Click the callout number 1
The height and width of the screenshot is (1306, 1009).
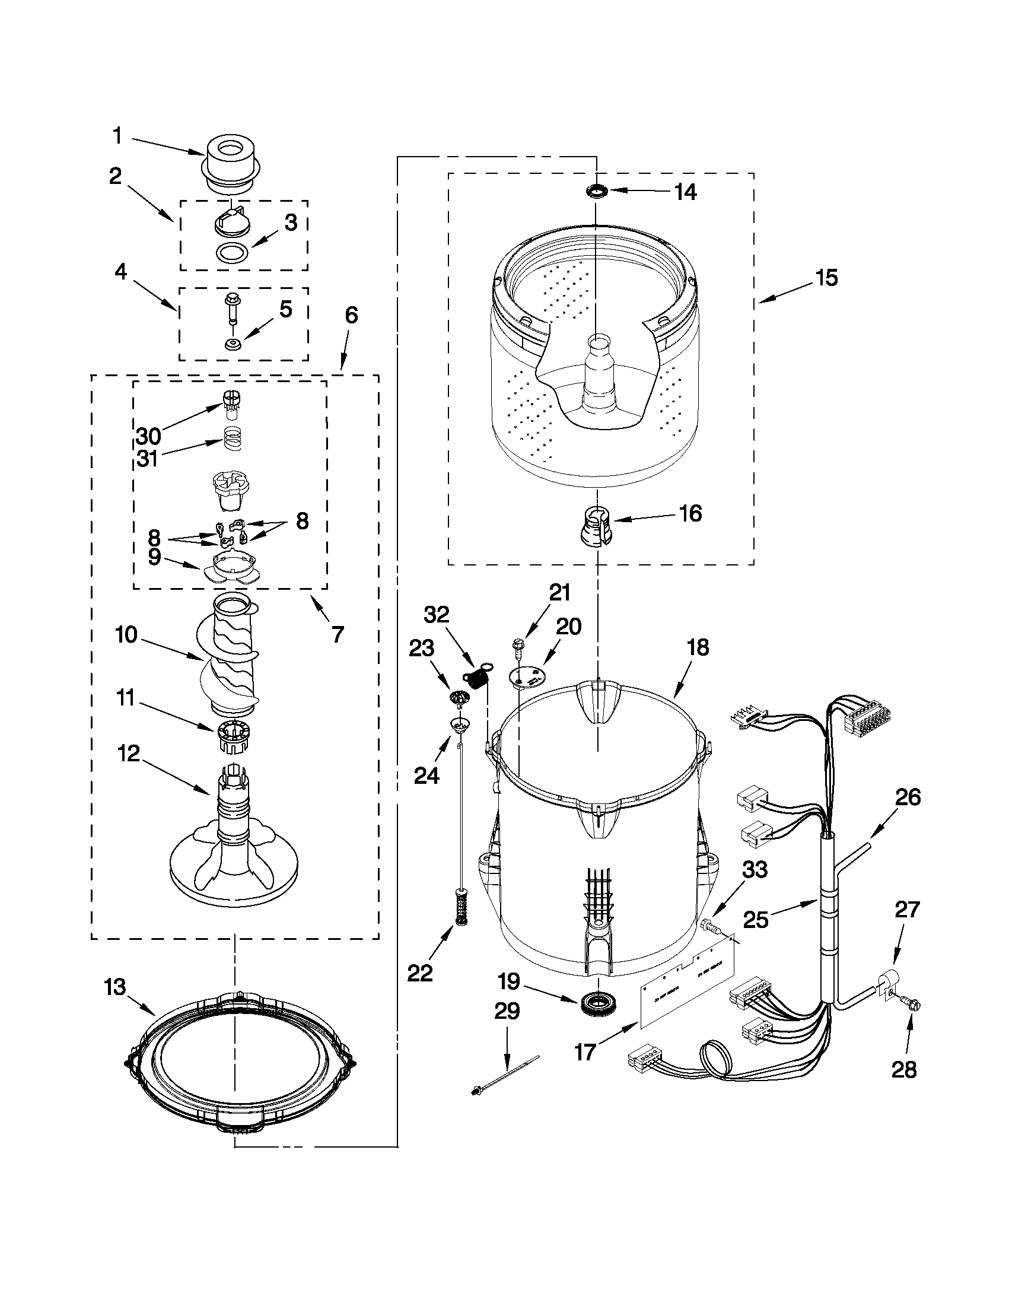118,136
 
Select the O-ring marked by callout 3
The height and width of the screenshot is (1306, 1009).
232,253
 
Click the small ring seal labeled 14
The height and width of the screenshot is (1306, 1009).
596,191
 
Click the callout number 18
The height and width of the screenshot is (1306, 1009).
698,647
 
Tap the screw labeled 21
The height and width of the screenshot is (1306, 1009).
518,646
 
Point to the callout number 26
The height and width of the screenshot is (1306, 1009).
907,797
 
